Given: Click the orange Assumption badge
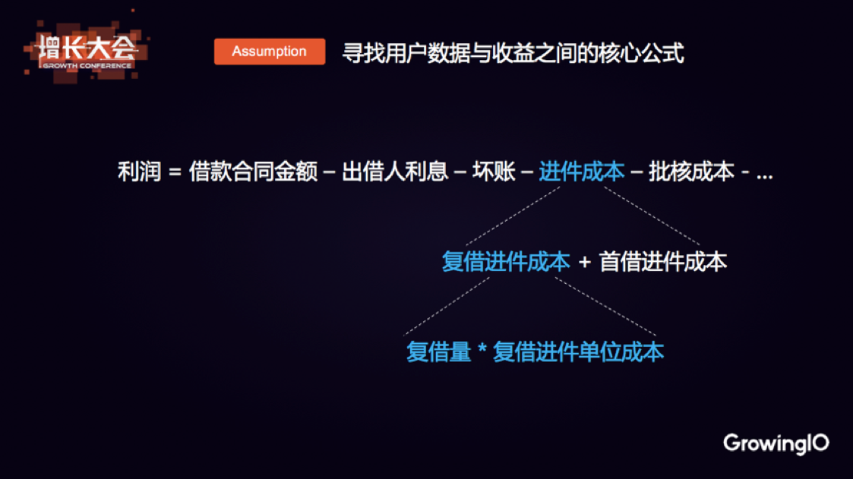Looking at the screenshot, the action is click(270, 52).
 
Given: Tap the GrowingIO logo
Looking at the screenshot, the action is click(776, 443).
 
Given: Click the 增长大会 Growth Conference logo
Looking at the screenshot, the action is click(86, 51).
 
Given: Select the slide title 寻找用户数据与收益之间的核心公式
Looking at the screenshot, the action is click(513, 53).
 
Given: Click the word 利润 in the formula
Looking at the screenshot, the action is click(140, 172).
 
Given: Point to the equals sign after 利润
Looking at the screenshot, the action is click(175, 172).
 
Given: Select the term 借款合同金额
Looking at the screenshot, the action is click(253, 172).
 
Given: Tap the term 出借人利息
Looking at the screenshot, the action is click(395, 172).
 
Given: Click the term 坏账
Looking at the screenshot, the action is click(494, 172).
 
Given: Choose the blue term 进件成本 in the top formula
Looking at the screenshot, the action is click(582, 172).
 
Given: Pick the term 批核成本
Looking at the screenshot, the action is click(691, 172).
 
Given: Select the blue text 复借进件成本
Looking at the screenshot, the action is click(506, 262).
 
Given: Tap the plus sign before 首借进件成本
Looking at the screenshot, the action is click(585, 263).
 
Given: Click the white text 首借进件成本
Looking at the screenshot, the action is click(663, 262).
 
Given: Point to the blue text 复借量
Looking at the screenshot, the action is click(438, 352).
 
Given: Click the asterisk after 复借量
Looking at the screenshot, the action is click(482, 350).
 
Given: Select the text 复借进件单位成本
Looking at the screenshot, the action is click(578, 352).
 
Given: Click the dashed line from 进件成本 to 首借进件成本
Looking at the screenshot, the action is click(652, 216).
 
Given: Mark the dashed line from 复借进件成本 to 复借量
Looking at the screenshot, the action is click(447, 307).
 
